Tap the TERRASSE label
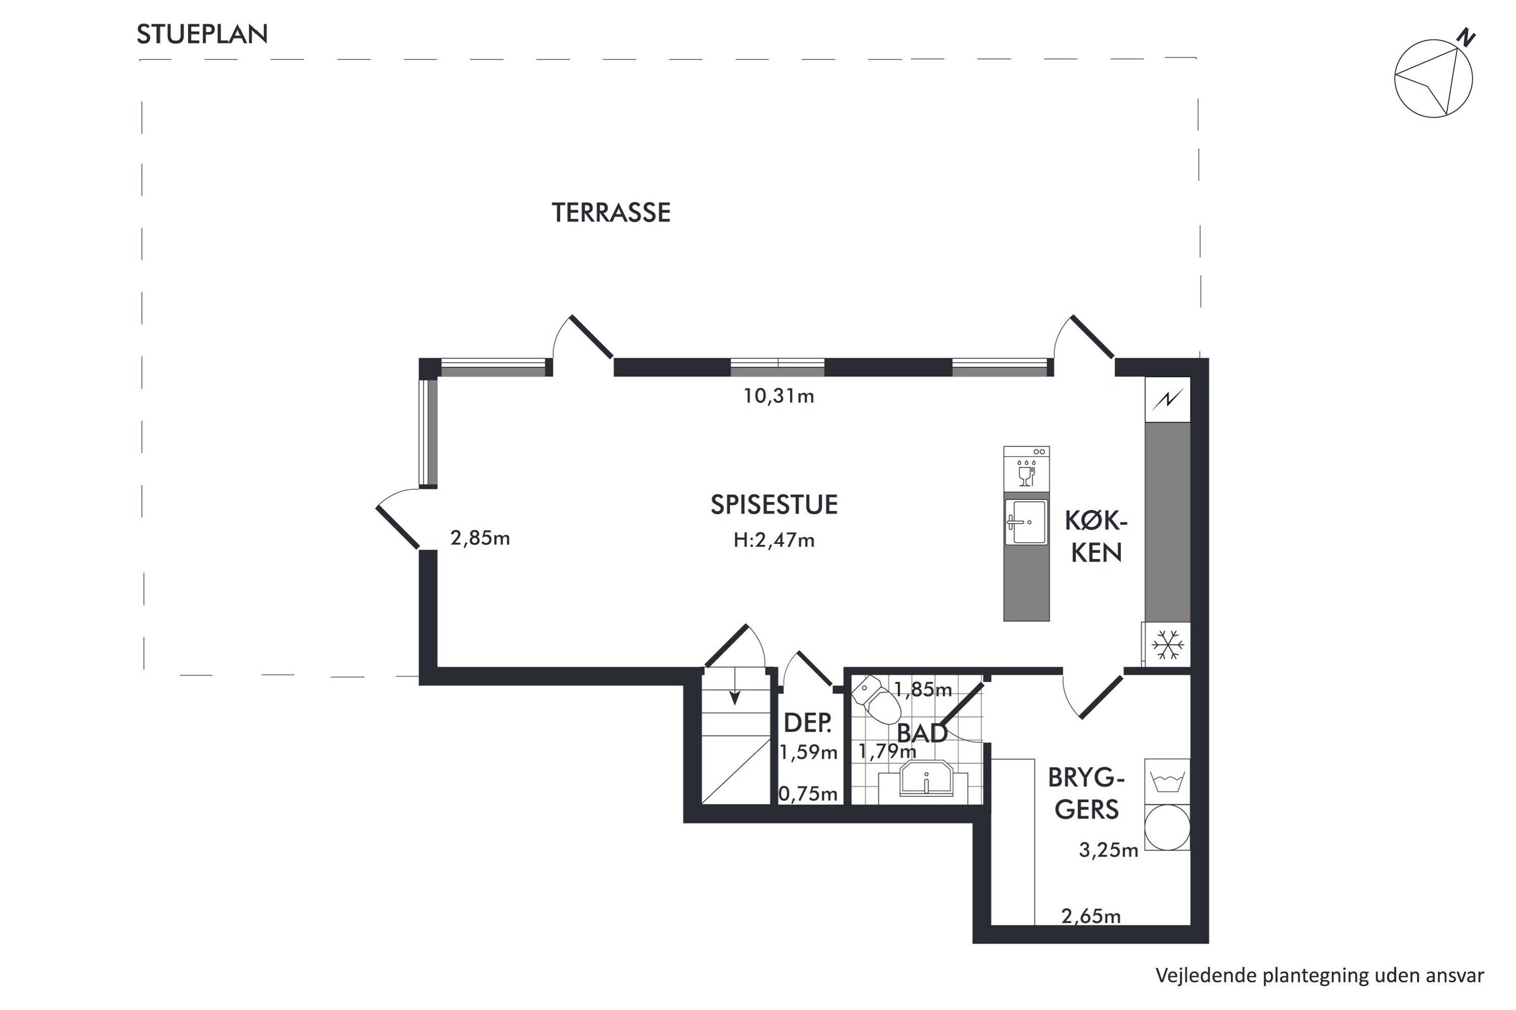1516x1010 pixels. click(x=611, y=213)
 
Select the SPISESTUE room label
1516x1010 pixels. click(x=774, y=504)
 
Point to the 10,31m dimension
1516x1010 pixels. click(x=779, y=396)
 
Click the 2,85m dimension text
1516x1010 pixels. click(x=480, y=538)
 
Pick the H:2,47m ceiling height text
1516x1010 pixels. click(x=774, y=540)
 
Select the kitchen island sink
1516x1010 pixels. click(x=1026, y=522)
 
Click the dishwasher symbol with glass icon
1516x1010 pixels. click(x=1026, y=470)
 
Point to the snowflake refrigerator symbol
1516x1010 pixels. click(x=1168, y=644)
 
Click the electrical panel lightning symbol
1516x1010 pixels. click(x=1167, y=399)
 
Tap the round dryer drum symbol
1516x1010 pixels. click(x=1167, y=826)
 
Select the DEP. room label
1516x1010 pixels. click(x=808, y=723)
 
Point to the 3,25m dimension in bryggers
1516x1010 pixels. click(x=1109, y=850)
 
